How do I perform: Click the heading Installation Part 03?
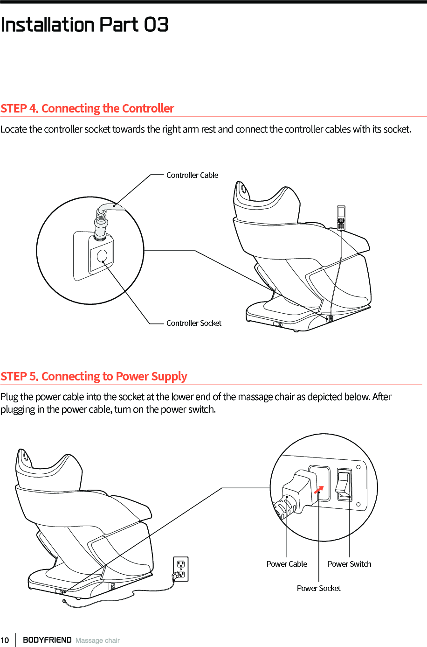[84, 25]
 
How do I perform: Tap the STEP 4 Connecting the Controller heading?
[87, 108]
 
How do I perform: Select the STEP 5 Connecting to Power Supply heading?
[94, 376]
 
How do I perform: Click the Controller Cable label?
[192, 175]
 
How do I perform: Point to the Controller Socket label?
[193, 323]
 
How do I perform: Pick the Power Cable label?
[287, 564]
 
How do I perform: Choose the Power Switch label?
[349, 564]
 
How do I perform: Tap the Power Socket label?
[318, 588]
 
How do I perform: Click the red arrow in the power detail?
[319, 489]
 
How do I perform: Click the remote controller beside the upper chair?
[341, 218]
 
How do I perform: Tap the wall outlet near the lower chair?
[181, 569]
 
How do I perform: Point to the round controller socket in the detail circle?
[102, 256]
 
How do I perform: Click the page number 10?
[5, 640]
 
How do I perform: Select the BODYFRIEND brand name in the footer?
[47, 640]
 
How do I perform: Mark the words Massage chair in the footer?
[97, 640]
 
